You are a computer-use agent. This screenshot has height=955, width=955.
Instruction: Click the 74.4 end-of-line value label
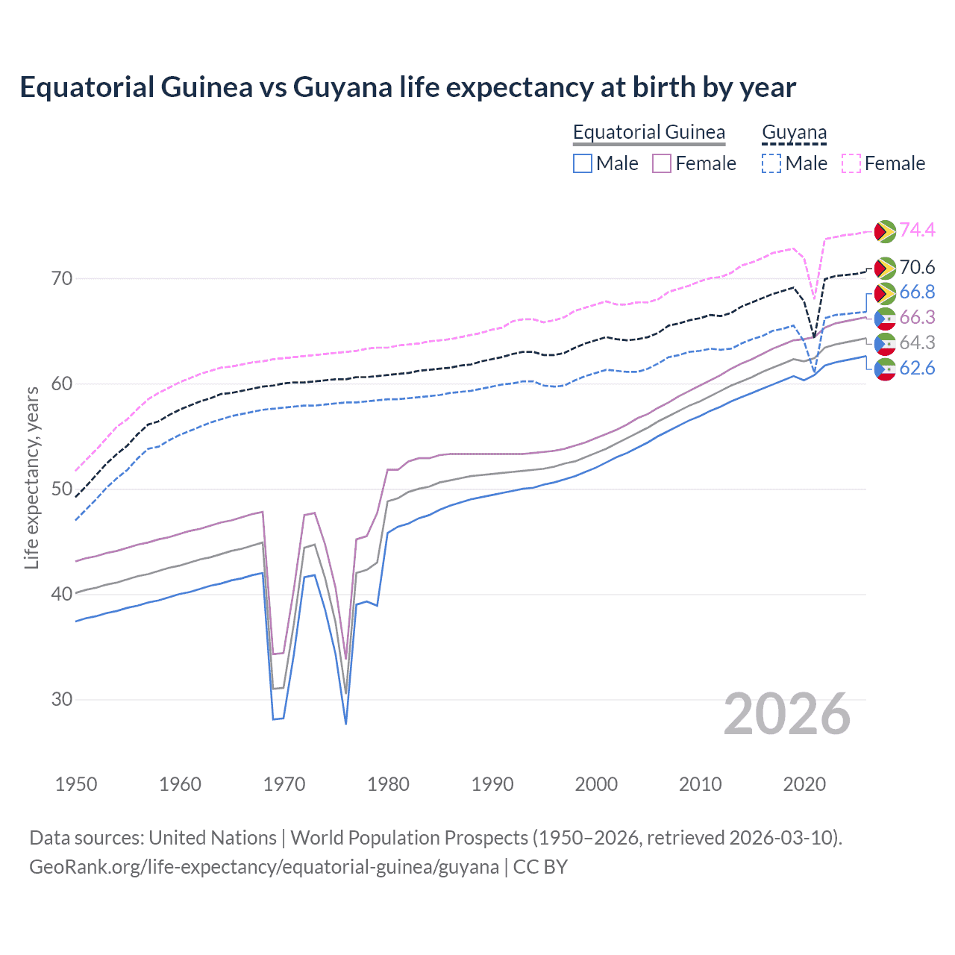(917, 230)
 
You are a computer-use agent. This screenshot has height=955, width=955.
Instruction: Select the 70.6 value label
(917, 267)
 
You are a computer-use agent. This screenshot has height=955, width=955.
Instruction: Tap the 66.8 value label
(917, 292)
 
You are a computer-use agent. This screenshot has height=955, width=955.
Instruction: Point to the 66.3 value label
(917, 317)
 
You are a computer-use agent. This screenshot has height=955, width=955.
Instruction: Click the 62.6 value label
(917, 368)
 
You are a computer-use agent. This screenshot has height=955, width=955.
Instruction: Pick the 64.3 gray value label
(917, 342)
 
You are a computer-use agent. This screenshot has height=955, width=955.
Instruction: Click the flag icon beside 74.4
(885, 231)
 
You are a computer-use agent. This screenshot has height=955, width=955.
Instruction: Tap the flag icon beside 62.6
(885, 369)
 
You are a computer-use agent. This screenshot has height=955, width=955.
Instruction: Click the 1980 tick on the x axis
(388, 784)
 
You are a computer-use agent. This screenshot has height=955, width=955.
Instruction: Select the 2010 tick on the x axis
(700, 784)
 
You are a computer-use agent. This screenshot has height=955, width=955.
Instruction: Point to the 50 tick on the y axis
(62, 489)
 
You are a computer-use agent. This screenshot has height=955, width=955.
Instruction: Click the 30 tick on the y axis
(62, 699)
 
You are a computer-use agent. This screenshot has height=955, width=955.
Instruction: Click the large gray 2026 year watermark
(787, 714)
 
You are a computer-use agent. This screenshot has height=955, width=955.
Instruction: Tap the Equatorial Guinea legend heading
(648, 133)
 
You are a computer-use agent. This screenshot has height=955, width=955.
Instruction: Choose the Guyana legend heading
(794, 133)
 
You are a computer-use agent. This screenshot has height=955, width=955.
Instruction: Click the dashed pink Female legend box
(851, 163)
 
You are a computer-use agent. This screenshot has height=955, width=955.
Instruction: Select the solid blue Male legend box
(583, 163)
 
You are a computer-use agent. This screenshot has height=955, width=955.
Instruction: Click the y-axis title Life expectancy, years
(31, 477)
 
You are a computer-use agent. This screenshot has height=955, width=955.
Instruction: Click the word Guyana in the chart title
(342, 87)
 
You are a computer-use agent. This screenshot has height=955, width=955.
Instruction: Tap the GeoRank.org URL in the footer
(264, 867)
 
